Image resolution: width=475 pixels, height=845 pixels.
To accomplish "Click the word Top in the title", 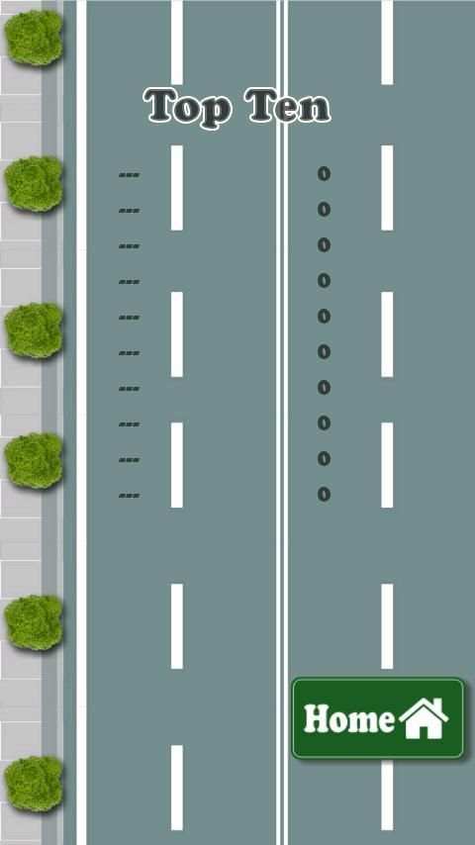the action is (x=188, y=108).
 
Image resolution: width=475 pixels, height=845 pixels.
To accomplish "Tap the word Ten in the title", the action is (x=287, y=105).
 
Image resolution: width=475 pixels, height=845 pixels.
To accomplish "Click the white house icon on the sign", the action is (x=424, y=719).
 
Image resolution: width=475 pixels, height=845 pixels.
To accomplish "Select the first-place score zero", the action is (x=324, y=174).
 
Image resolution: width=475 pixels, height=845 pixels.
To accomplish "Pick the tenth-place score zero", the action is (x=324, y=494).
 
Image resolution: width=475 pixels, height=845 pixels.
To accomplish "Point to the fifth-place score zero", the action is (x=324, y=317).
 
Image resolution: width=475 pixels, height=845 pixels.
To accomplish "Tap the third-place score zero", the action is (x=324, y=245).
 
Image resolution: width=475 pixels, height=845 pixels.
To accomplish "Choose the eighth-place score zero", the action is (x=324, y=423).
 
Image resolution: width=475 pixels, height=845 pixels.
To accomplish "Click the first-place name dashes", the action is (x=130, y=175).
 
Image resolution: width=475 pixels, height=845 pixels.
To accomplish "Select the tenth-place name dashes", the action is (x=130, y=496).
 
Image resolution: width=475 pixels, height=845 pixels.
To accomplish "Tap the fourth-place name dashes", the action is (x=130, y=282).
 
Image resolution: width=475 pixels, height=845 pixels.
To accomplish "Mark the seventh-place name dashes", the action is (x=130, y=389).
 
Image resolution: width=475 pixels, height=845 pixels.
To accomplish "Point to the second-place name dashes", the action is (x=130, y=211).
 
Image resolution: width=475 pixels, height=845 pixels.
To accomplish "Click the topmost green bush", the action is (x=34, y=38).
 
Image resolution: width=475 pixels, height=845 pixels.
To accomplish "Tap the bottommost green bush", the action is (x=34, y=784).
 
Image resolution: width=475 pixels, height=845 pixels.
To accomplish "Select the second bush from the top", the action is (x=34, y=184).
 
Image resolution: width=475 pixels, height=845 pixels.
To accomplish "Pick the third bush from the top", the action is (x=34, y=330).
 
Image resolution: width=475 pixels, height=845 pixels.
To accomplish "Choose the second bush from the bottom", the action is (x=34, y=622).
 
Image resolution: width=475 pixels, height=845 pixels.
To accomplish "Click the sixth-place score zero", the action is (x=324, y=352).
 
